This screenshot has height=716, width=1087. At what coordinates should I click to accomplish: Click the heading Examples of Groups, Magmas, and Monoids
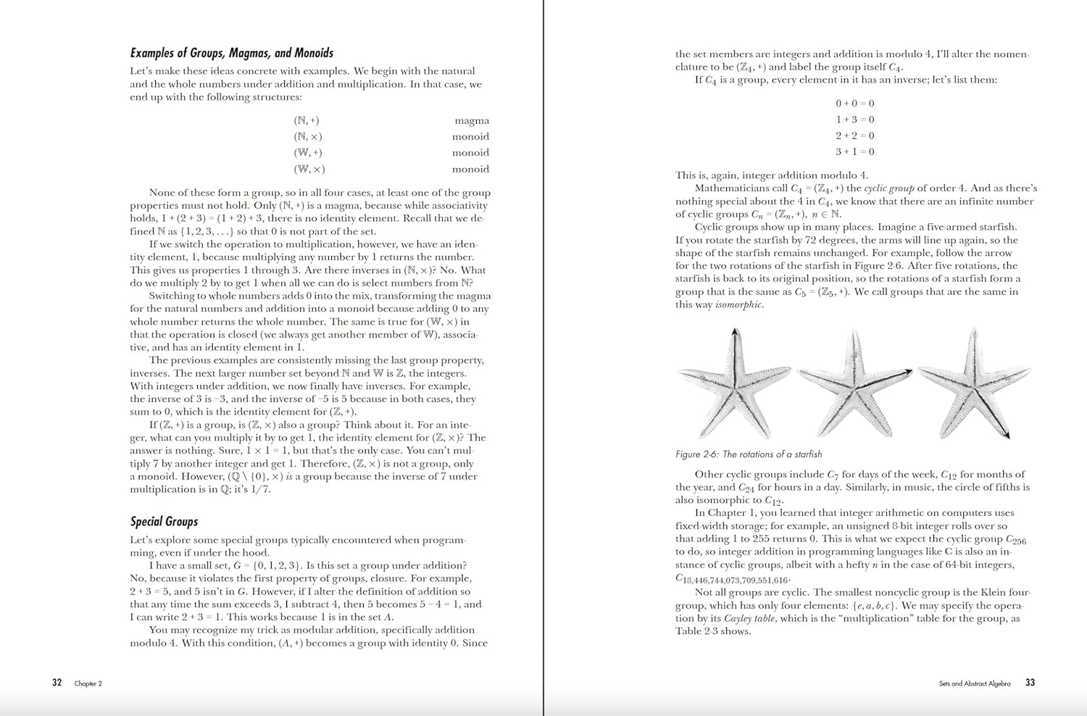click(x=231, y=53)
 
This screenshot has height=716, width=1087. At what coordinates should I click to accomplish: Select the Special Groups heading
click(x=164, y=522)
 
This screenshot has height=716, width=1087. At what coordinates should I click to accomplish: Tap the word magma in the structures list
click(x=472, y=121)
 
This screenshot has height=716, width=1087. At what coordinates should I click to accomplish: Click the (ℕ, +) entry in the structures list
click(x=307, y=121)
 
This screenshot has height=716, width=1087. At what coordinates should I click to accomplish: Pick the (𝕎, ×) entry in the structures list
click(x=309, y=170)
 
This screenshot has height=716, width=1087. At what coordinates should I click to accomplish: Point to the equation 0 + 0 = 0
click(x=854, y=104)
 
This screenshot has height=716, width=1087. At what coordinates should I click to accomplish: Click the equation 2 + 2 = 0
click(x=854, y=136)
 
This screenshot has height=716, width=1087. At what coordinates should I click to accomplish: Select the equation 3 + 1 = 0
click(x=854, y=152)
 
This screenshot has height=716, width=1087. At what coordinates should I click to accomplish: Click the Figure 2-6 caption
click(x=749, y=454)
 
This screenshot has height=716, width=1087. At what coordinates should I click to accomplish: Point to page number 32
click(x=57, y=683)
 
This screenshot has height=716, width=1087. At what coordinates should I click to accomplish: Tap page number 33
click(x=1030, y=683)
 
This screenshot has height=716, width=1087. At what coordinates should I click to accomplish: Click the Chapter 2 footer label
click(x=88, y=683)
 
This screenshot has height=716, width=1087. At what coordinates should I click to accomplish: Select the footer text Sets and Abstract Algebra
click(x=974, y=683)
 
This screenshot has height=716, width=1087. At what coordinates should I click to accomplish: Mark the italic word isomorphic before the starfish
click(x=738, y=305)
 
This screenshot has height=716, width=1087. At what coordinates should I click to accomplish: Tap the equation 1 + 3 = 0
click(x=854, y=120)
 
